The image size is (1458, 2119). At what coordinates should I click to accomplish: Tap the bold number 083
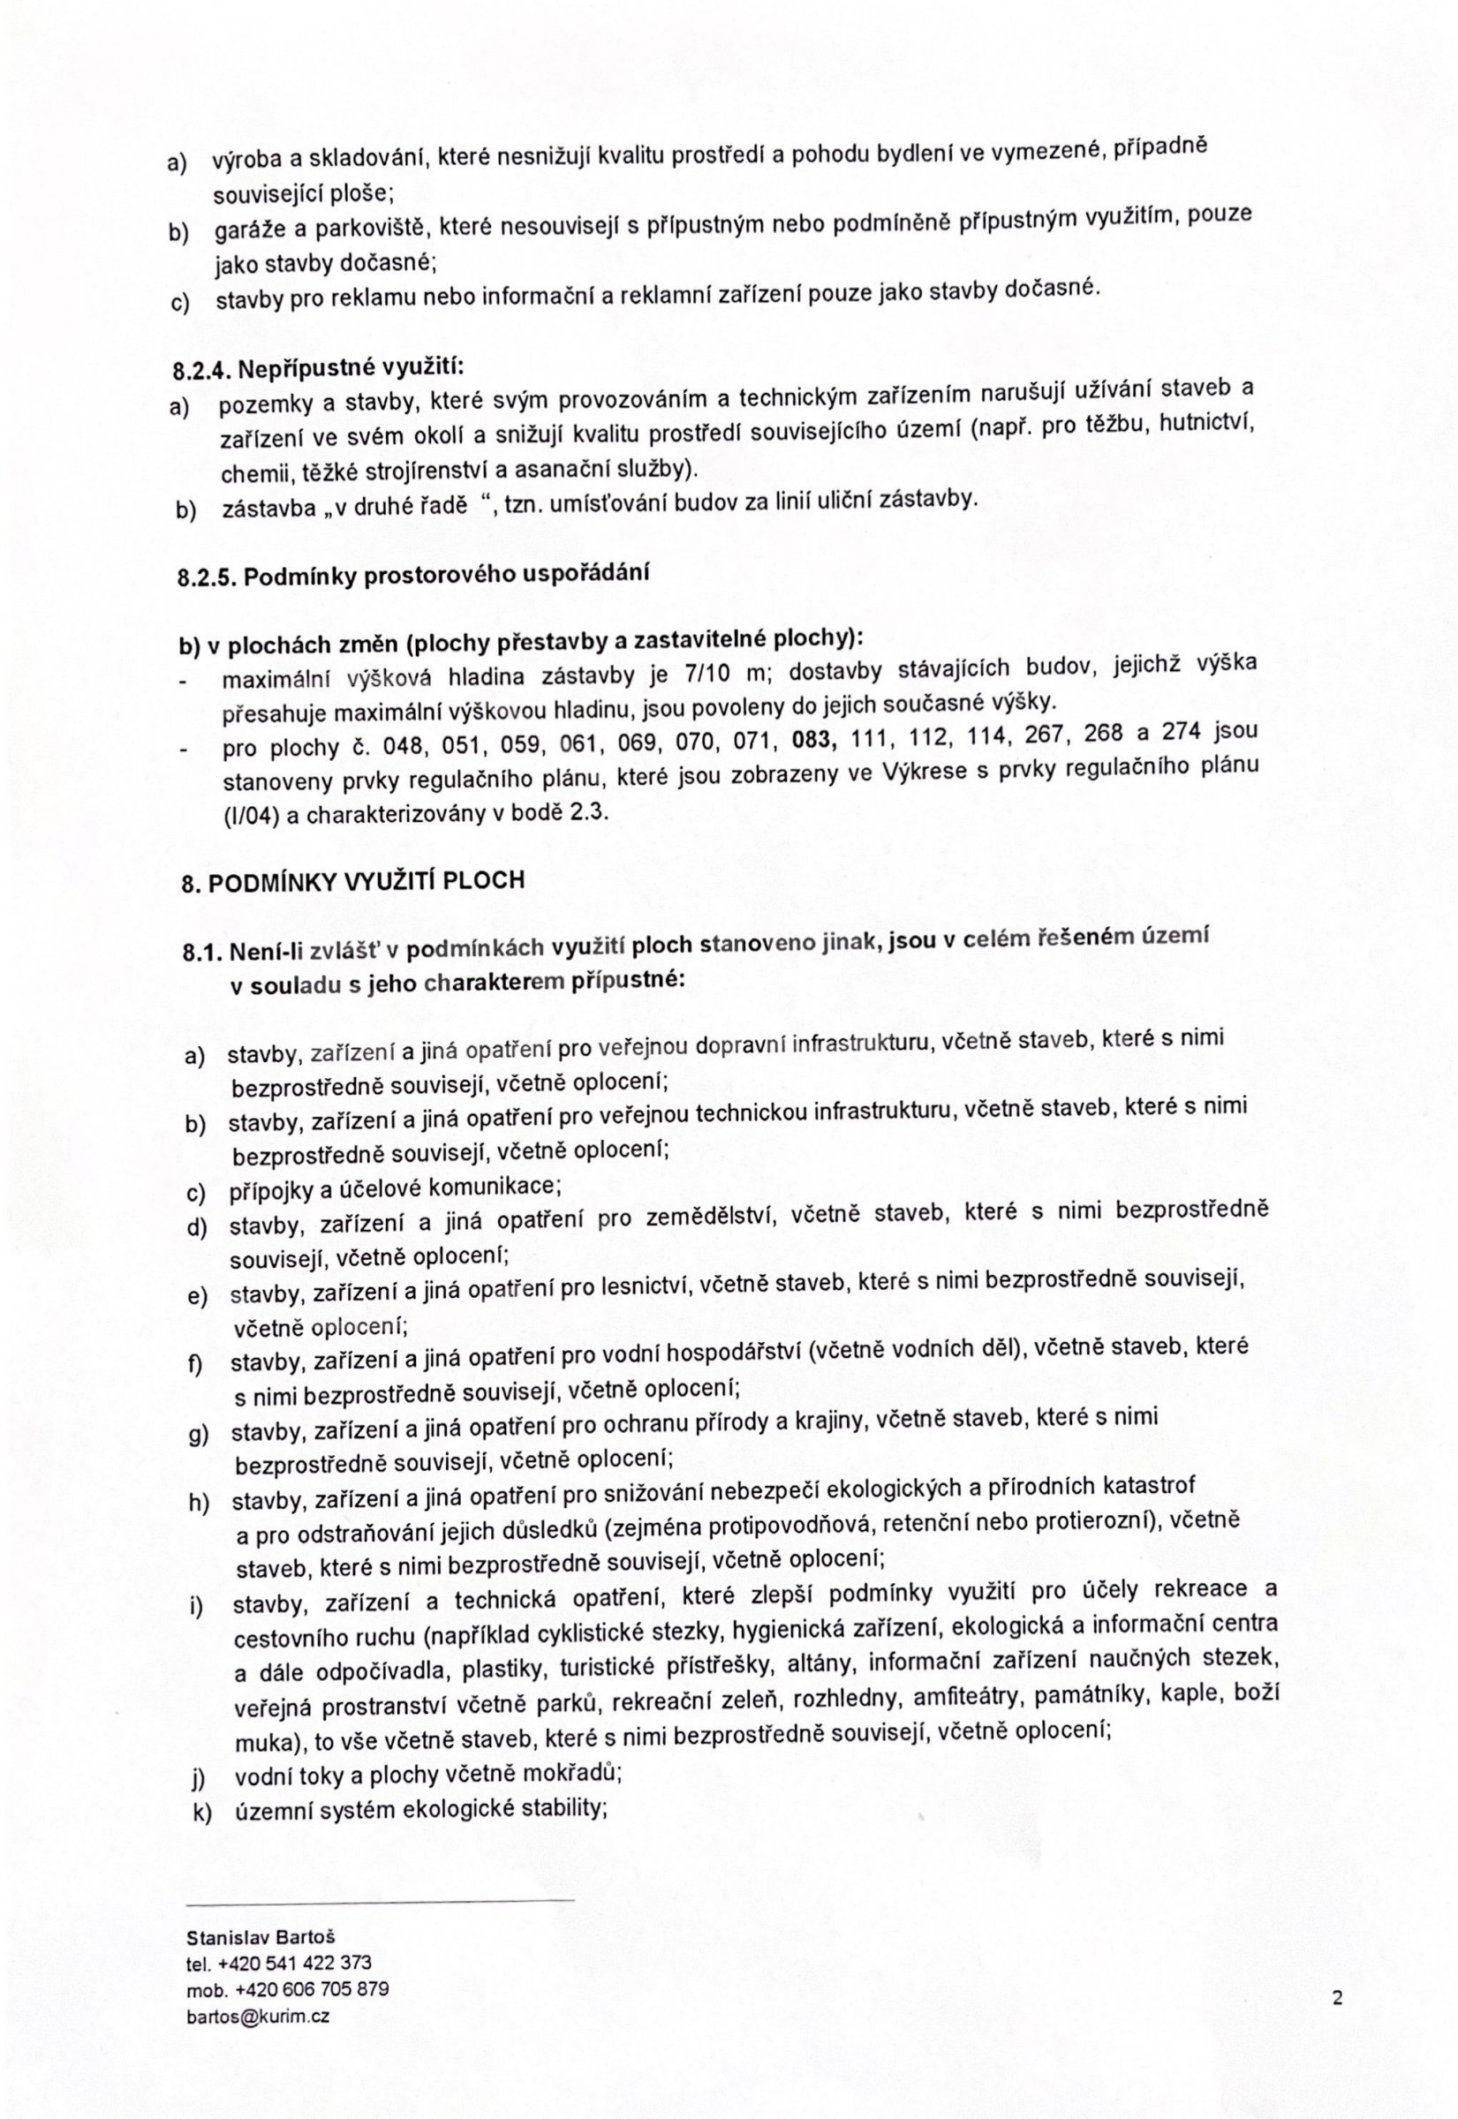tap(815, 739)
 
